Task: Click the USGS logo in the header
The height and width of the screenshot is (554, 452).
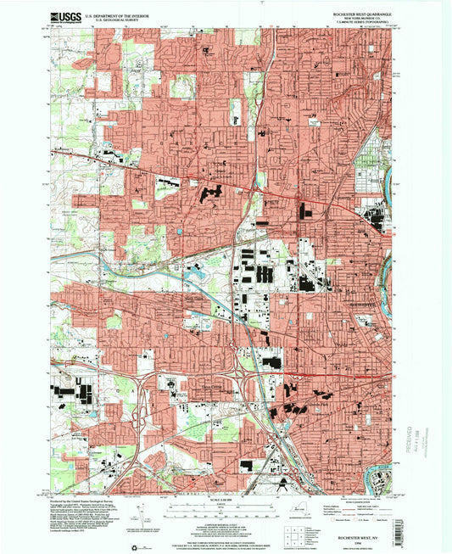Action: pos(64,17)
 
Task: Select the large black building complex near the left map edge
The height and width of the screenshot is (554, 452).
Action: pos(66,390)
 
